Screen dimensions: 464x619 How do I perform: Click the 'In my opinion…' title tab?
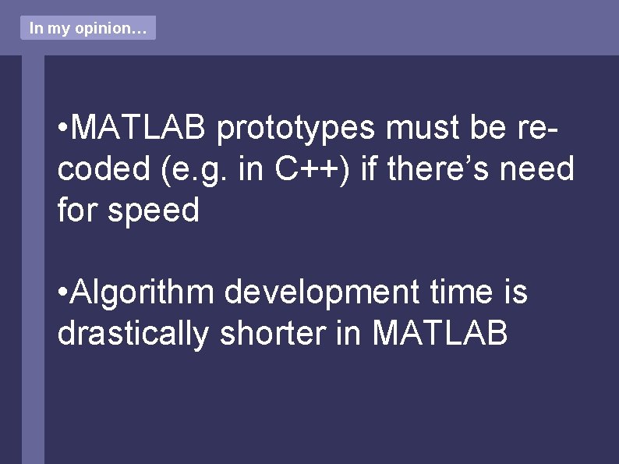click(x=87, y=28)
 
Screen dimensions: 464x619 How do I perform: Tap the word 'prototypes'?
click(x=296, y=127)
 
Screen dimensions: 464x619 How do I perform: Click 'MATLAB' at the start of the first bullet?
click(x=140, y=127)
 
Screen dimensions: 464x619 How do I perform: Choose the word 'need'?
click(x=543, y=168)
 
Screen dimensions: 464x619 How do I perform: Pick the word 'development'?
click(x=322, y=292)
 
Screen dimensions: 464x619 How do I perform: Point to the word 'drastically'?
click(x=133, y=334)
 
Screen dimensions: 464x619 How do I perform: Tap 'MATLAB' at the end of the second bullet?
click(x=440, y=334)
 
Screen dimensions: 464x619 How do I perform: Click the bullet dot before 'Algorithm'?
click(x=62, y=293)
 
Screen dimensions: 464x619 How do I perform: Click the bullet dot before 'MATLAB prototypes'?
click(x=62, y=128)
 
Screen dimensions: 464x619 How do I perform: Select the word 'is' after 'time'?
click(x=515, y=292)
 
